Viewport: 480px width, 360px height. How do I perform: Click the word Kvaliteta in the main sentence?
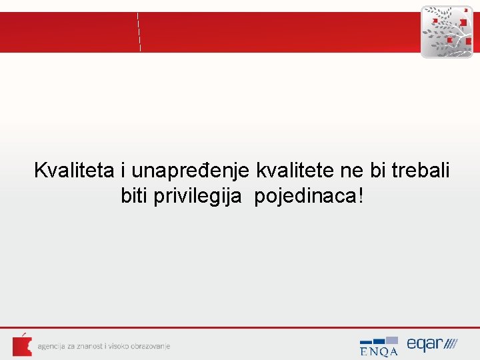tap(75, 171)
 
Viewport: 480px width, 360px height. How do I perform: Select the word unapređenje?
tap(190, 171)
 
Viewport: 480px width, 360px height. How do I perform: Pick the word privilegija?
tap(193, 197)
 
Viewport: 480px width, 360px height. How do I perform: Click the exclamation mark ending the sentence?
tap(361, 196)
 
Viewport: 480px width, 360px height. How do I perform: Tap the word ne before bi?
tap(351, 171)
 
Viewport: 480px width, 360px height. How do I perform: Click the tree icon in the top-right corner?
tap(447, 31)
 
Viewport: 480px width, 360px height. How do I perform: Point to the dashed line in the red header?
tap(139, 31)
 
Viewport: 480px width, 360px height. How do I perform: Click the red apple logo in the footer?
tap(22, 345)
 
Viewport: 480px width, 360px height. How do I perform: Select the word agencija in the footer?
tap(52, 346)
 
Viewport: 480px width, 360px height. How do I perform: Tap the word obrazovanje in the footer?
tap(150, 346)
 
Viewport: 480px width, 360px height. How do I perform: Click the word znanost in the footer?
tap(89, 346)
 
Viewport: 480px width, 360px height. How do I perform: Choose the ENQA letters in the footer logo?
tap(378, 351)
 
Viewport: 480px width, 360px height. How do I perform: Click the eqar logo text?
tap(425, 344)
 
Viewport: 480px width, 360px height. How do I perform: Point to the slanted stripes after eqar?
tap(451, 345)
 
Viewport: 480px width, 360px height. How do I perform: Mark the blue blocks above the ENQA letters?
tap(379, 341)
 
